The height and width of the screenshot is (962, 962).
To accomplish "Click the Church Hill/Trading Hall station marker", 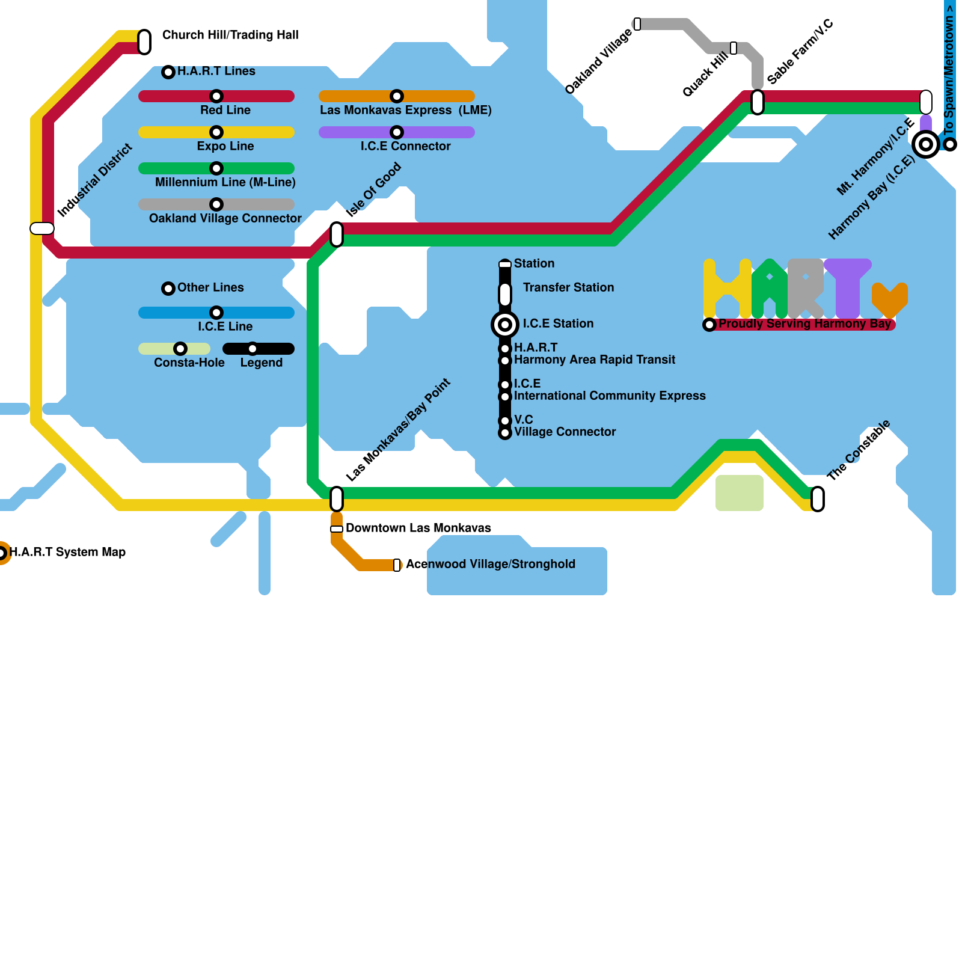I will click(x=144, y=41).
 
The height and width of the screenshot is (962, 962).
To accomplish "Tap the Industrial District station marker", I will click(x=42, y=228).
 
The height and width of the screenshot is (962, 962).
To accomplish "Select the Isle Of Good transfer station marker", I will click(x=337, y=234).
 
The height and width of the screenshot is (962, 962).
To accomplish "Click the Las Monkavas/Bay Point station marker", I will click(x=337, y=498).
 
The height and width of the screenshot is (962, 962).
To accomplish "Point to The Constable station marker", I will click(x=818, y=498).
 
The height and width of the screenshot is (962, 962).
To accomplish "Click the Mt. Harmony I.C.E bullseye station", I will click(x=926, y=144).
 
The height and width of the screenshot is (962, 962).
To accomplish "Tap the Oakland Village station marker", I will click(x=637, y=24).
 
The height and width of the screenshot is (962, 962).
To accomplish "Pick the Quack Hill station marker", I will click(x=734, y=48).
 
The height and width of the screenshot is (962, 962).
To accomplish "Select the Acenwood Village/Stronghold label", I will click(x=490, y=564).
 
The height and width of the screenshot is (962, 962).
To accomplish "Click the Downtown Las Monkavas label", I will click(x=418, y=528).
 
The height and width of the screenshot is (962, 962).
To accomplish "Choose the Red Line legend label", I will click(x=225, y=110).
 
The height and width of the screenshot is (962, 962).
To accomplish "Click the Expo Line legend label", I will click(x=225, y=146).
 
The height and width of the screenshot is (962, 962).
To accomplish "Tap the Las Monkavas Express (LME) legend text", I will click(x=405, y=110).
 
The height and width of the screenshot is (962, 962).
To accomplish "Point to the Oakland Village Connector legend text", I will click(x=225, y=218).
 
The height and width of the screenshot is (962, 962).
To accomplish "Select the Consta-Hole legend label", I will click(x=189, y=363).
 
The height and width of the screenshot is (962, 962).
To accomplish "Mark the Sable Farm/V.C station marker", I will click(x=758, y=102).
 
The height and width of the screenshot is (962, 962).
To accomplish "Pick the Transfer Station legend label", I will click(x=568, y=287).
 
